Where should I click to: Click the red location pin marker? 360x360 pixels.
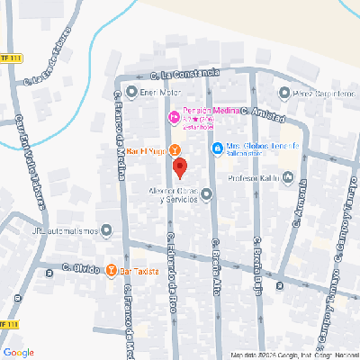point(179,167)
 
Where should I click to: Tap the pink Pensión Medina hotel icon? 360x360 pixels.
point(175,116)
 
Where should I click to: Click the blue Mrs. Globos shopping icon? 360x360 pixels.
point(217,149)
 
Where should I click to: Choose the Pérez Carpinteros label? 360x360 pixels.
point(316,92)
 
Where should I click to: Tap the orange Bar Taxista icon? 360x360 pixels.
point(112,269)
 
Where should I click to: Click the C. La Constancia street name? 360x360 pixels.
point(184,76)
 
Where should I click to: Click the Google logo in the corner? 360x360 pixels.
point(18,352)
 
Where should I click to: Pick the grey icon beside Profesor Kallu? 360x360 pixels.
point(288,177)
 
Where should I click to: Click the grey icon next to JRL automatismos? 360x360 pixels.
point(107,230)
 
